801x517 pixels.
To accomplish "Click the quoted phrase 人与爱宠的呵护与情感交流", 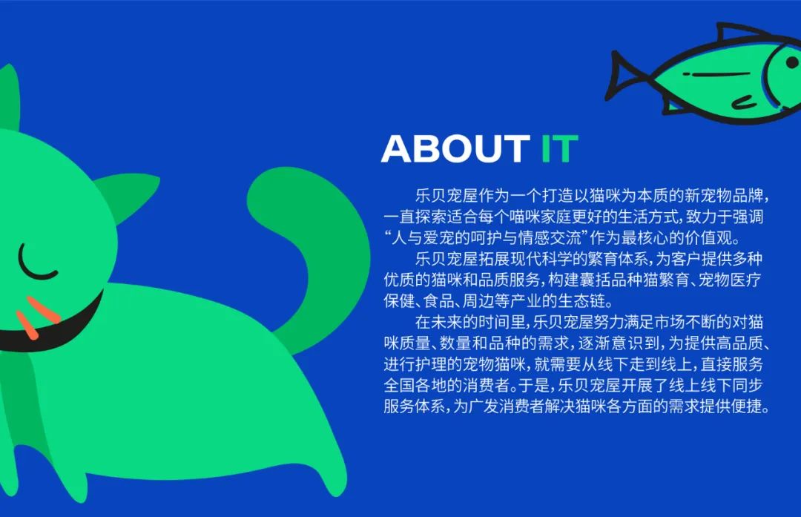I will click(x=487, y=239).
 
